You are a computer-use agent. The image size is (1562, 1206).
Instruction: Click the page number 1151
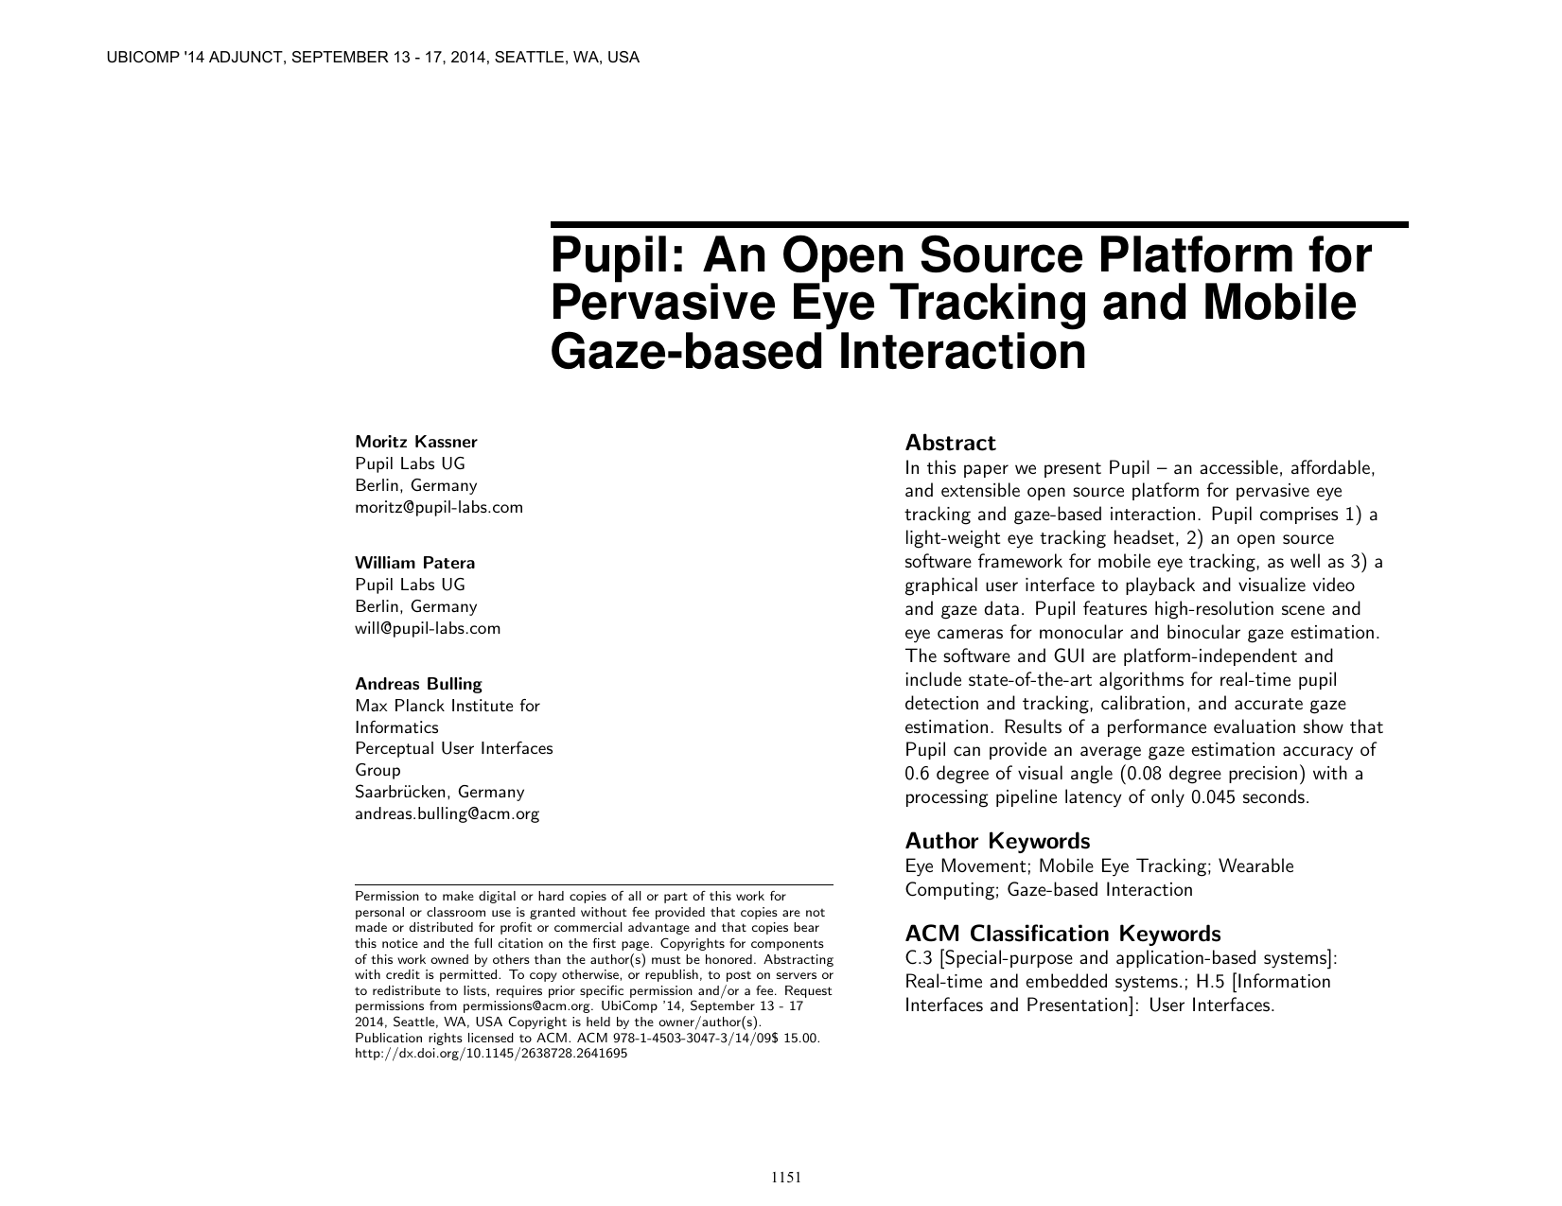point(786,1178)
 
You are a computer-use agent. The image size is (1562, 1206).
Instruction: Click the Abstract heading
point(950,443)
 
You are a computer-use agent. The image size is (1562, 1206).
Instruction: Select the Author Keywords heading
point(997,841)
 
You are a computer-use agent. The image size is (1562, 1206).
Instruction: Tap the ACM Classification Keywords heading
point(1062,934)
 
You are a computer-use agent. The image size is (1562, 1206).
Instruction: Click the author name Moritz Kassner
point(415,442)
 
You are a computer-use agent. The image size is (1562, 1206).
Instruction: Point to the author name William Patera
point(414,563)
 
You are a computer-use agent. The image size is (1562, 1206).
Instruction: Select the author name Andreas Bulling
point(418,683)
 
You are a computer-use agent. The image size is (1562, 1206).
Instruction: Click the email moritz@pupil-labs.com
point(438,507)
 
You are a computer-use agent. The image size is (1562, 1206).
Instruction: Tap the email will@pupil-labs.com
point(428,628)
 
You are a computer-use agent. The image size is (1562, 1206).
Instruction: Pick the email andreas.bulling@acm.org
point(447,813)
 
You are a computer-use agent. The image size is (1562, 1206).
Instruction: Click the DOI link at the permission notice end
point(490,1054)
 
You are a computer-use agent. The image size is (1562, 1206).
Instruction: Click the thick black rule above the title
point(979,225)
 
